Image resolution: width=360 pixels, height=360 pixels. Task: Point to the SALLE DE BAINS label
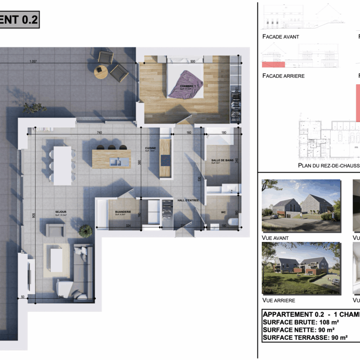221,160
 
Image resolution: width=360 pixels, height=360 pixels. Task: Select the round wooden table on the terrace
101,72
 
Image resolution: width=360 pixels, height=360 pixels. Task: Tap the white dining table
62,165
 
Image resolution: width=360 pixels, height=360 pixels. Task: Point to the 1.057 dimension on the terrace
32,62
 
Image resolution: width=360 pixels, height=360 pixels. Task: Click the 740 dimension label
100,132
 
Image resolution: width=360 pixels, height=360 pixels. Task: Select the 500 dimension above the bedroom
193,62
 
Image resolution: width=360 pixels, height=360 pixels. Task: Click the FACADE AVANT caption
280,37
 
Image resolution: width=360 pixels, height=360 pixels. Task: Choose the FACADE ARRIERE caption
283,76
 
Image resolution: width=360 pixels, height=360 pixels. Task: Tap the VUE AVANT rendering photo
301,206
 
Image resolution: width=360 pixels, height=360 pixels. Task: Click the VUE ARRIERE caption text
279,300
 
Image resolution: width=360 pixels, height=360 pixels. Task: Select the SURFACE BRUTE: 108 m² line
301,322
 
